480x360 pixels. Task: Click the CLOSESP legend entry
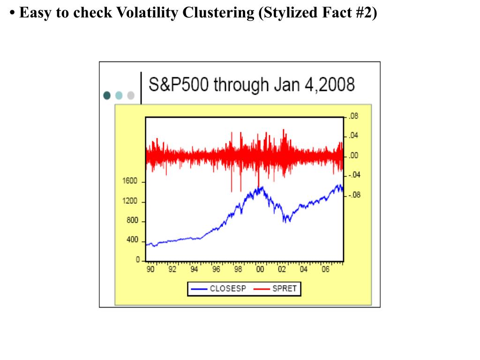[x=228, y=289]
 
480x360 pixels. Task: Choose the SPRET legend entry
[x=285, y=289]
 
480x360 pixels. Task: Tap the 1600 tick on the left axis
[x=130, y=181]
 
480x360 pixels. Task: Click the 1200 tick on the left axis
[x=130, y=201]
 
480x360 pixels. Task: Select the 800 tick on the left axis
[x=132, y=221]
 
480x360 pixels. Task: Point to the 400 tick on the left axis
[x=132, y=240]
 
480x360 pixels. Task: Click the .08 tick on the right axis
[x=353, y=116]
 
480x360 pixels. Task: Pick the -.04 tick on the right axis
[x=354, y=175]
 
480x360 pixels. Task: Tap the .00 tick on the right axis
[x=353, y=156]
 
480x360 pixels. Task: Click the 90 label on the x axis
[x=150, y=270]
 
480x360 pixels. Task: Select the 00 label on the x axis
[x=260, y=270]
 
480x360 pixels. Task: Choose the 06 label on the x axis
[x=326, y=270]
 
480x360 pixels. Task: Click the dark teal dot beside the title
[x=107, y=95]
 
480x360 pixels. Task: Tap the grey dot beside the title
[x=131, y=95]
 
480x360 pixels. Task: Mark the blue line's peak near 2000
[x=262, y=187]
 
